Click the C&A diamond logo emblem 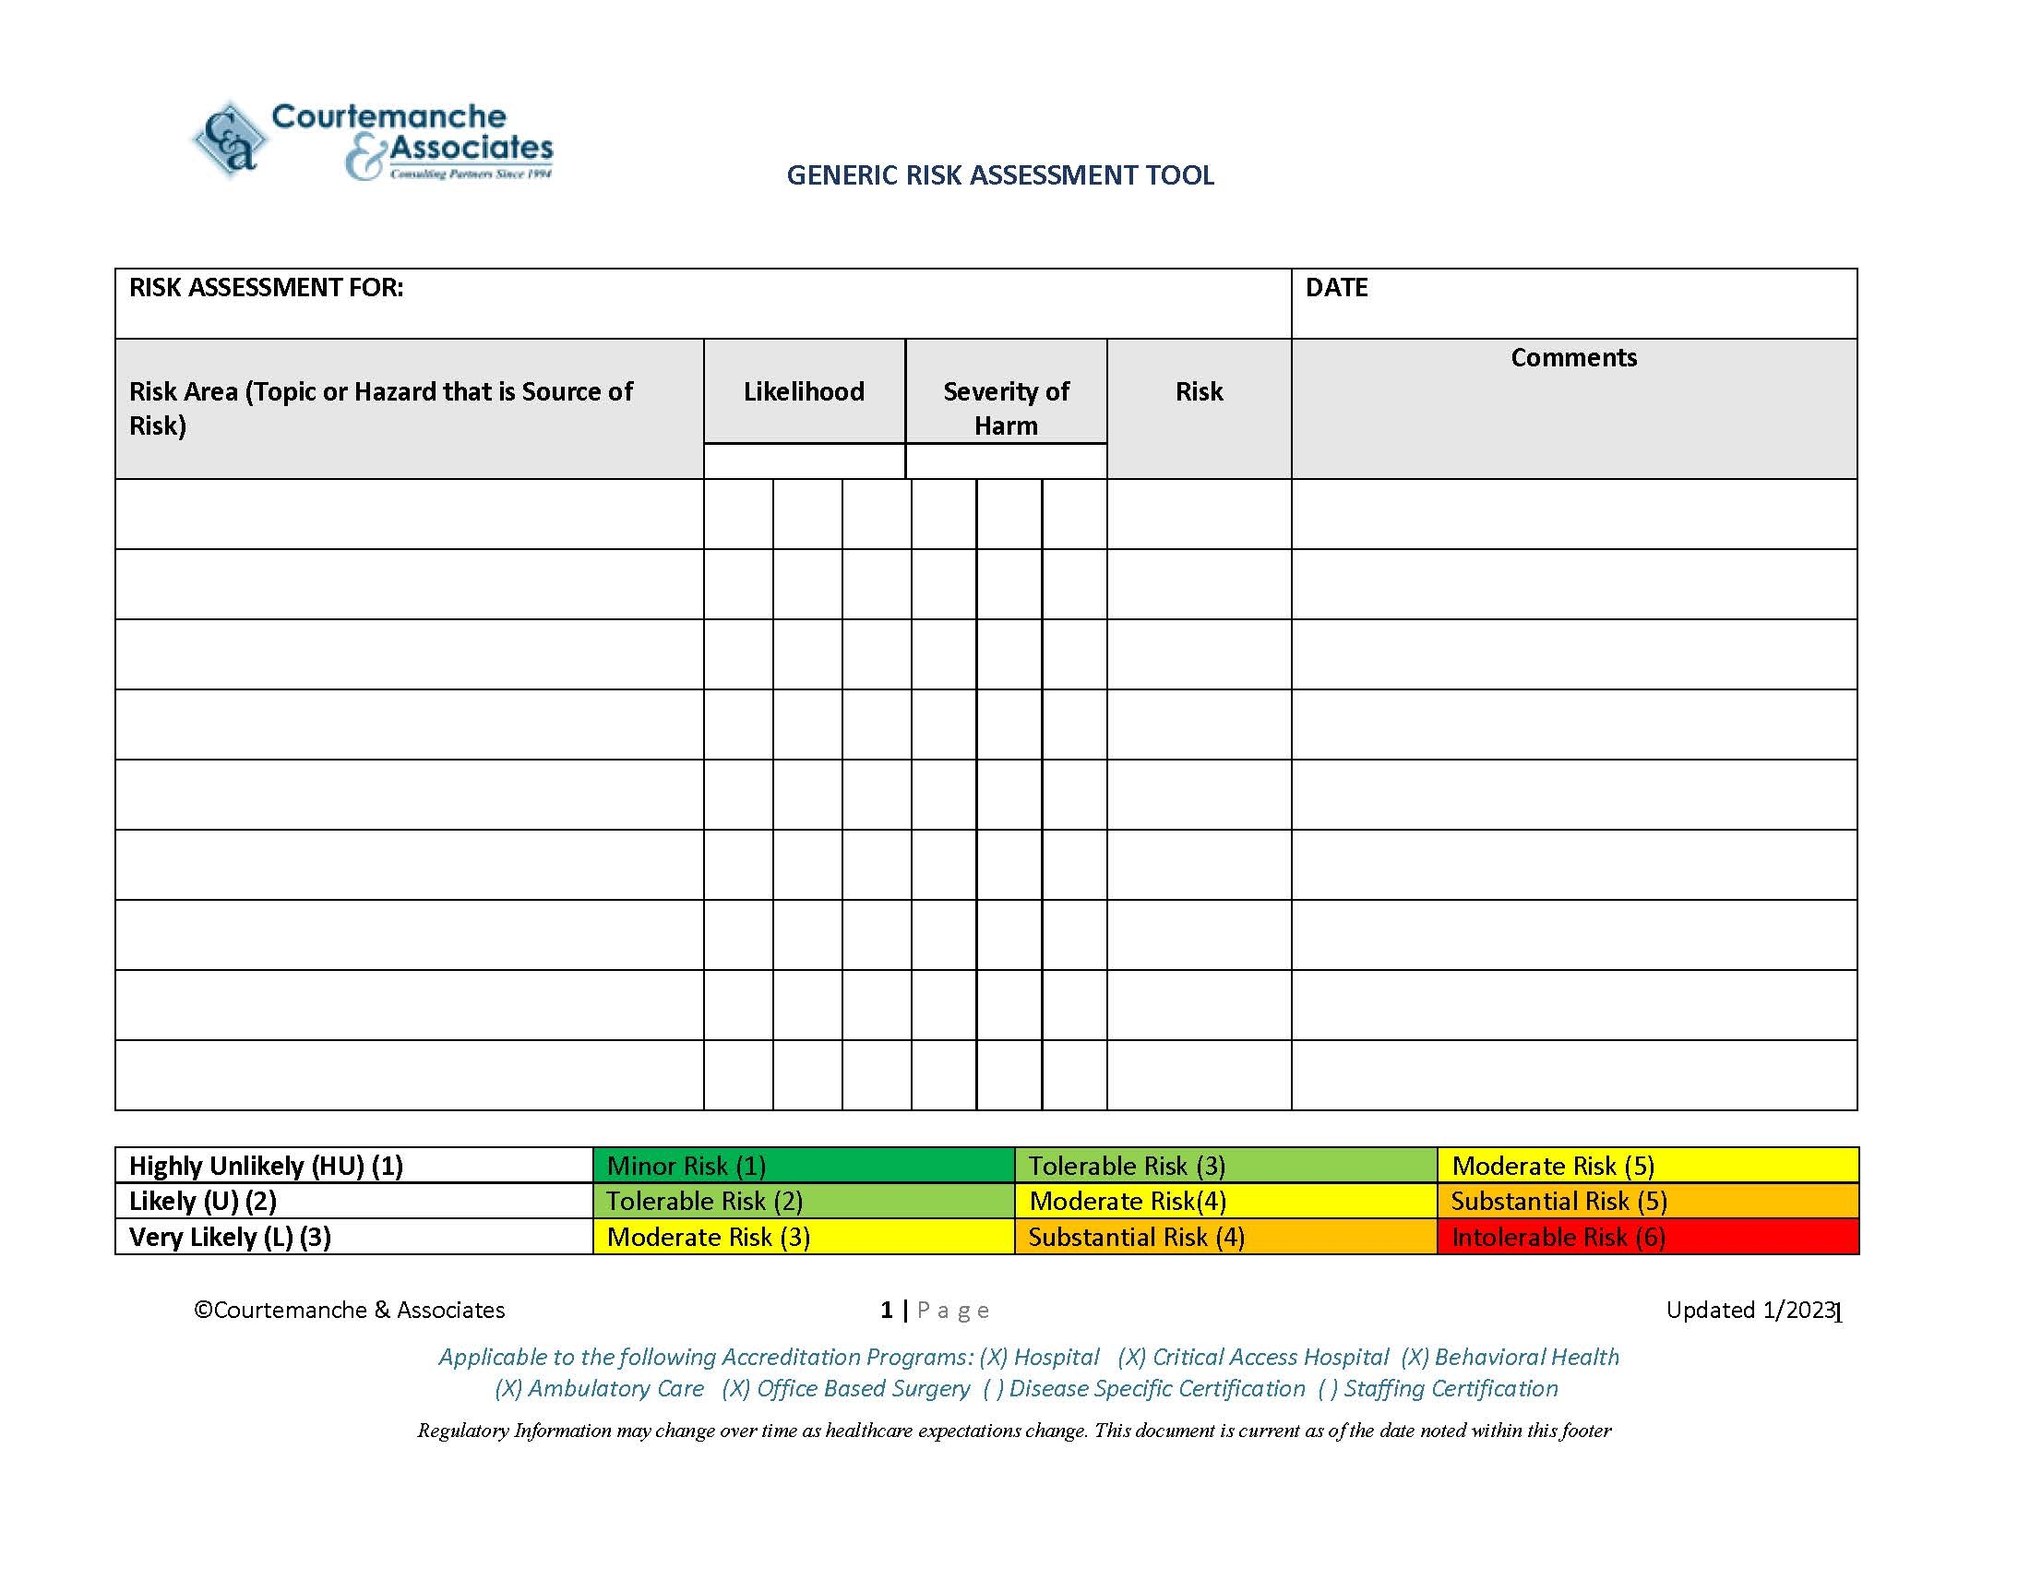229,139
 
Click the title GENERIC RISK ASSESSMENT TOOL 999,175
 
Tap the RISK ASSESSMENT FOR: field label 266,288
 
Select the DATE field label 1336,288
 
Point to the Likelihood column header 803,391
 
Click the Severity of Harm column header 1006,408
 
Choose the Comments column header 1572,358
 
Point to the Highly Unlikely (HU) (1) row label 266,1166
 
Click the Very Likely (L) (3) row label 230,1237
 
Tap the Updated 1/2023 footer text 1750,1310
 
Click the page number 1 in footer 886,1310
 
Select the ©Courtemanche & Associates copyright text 350,1310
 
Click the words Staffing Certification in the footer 1450,1388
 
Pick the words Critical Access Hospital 1270,1357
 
